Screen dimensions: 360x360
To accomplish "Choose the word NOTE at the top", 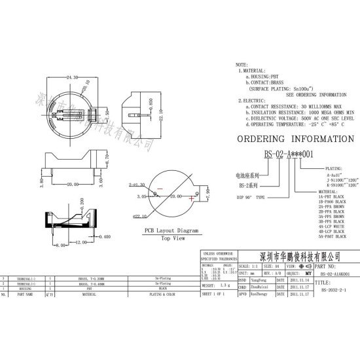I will (x=242, y=65).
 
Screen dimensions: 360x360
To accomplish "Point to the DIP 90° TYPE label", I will (x=251, y=196).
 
